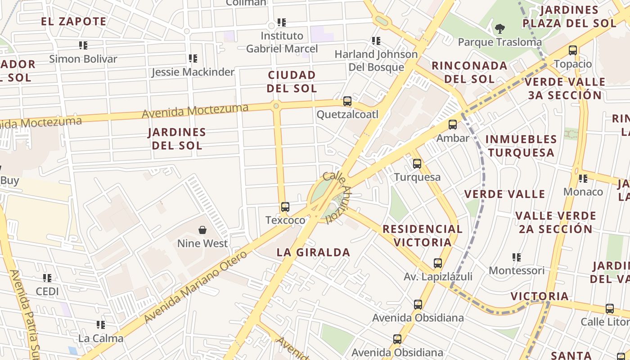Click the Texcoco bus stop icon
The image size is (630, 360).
click(285, 207)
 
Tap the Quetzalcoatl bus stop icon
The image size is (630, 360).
click(347, 101)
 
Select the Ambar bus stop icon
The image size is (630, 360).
click(453, 125)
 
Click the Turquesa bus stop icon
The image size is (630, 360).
click(417, 164)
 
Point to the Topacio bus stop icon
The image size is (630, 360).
click(572, 50)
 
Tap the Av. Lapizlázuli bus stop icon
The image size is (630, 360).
click(438, 263)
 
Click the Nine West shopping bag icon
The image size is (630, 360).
click(202, 230)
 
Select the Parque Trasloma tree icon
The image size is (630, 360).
click(499, 29)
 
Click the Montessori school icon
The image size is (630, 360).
click(516, 257)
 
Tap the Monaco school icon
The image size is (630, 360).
click(583, 179)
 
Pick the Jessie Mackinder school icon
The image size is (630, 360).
click(193, 58)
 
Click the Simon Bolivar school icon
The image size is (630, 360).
click(83, 45)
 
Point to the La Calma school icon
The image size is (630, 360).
click(100, 324)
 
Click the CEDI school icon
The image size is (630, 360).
click(47, 278)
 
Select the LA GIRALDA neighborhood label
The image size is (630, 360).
click(313, 252)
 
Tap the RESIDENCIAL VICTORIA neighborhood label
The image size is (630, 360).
click(423, 235)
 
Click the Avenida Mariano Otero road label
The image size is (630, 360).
click(196, 287)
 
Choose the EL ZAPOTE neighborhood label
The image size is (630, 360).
click(74, 21)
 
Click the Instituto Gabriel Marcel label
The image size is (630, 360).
click(282, 42)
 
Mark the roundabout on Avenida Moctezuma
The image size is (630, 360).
click(276, 106)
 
